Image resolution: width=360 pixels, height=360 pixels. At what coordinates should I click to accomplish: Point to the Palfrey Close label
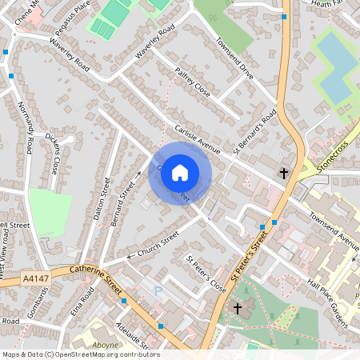[x=192, y=82]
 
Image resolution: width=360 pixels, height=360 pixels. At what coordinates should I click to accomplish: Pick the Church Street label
[x=158, y=242]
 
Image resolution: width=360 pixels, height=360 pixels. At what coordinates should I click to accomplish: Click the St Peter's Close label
[x=207, y=272]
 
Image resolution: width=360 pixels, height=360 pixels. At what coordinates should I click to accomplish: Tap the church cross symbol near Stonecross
[x=283, y=174]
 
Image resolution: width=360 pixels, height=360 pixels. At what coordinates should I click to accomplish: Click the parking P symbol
[x=158, y=290]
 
